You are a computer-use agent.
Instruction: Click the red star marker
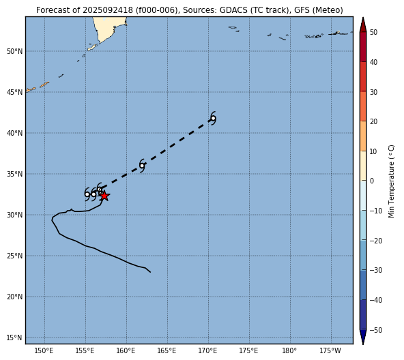pyautogui.click(x=104, y=196)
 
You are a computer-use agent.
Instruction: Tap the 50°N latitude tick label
pyautogui.click(x=15, y=52)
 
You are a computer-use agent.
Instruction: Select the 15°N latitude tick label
pyautogui.click(x=15, y=337)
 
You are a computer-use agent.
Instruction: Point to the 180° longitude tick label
pyautogui.click(x=289, y=350)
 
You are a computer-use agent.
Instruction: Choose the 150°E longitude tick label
pyautogui.click(x=44, y=350)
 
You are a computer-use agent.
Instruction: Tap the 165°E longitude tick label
pyautogui.click(x=167, y=350)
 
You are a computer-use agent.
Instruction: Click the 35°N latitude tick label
pyautogui.click(x=15, y=174)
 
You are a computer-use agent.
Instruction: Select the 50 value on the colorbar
pyautogui.click(x=373, y=32)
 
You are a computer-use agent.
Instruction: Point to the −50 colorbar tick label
pyautogui.click(x=375, y=330)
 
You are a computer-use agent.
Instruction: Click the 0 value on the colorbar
pyautogui.click(x=372, y=181)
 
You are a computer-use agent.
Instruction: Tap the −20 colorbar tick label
pyautogui.click(x=375, y=241)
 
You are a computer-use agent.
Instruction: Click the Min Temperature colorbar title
pyautogui.click(x=391, y=181)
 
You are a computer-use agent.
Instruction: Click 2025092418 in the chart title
pyautogui.click(x=107, y=10)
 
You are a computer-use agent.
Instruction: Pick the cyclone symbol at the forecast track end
pyautogui.click(x=213, y=119)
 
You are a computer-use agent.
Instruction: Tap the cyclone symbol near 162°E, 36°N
pyautogui.click(x=142, y=166)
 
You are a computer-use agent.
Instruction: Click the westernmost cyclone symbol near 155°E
pyautogui.click(x=87, y=194)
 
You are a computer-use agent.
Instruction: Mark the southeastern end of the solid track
pyautogui.click(x=150, y=272)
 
